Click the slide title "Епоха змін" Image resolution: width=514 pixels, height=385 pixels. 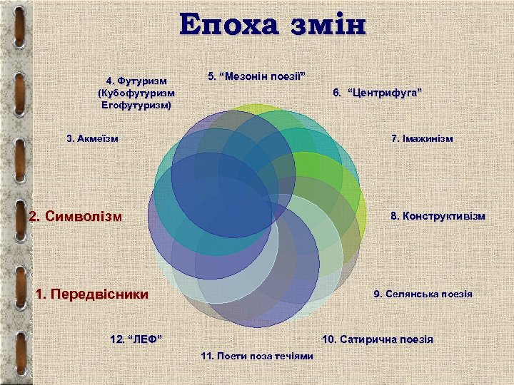click(x=273, y=25)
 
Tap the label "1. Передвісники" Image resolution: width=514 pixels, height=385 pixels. click(x=92, y=294)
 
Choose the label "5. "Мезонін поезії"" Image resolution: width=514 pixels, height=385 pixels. click(x=256, y=76)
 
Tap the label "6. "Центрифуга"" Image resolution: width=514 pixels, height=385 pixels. click(x=378, y=93)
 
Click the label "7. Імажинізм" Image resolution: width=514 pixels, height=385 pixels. click(x=422, y=138)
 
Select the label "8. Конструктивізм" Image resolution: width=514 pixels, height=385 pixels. click(x=437, y=215)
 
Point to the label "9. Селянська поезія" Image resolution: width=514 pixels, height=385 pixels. click(x=423, y=294)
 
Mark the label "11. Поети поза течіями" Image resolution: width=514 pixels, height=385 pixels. click(x=257, y=355)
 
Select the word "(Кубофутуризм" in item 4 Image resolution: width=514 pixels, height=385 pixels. click(x=136, y=93)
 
